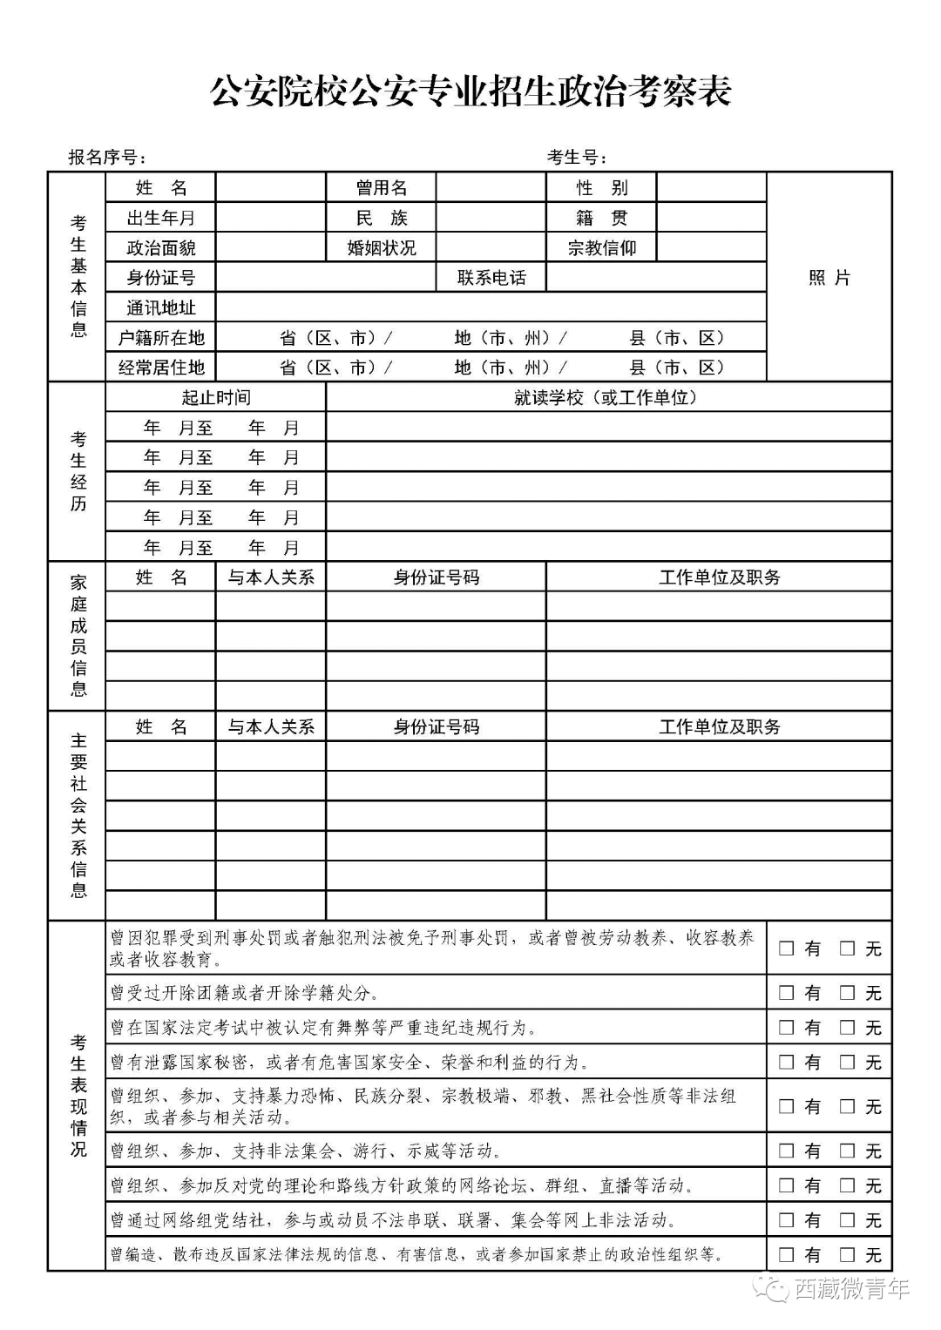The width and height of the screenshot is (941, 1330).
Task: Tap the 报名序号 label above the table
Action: coord(107,157)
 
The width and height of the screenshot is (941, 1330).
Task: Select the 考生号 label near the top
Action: coord(576,157)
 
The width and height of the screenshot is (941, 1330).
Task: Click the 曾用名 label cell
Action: coord(381,187)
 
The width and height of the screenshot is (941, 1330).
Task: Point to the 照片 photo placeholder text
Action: coord(829,277)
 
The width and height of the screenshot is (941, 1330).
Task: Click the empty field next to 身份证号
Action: coord(326,278)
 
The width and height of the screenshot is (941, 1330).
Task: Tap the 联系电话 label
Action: coord(491,278)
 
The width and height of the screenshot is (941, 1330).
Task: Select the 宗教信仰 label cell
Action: coord(601,247)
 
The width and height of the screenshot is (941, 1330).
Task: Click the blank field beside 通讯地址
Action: coord(491,307)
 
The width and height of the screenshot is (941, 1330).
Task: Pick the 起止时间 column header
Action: coord(215,397)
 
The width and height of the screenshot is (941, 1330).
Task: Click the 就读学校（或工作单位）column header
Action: coord(608,397)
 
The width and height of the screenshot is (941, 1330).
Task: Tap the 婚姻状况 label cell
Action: coord(381,247)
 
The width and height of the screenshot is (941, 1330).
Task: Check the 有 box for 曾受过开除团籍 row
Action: coord(787,992)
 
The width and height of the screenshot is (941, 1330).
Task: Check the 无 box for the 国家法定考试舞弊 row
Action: coord(848,1027)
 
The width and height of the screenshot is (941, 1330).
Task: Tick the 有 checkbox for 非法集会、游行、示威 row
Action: coord(787,1151)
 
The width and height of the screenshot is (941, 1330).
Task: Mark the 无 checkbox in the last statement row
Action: coord(848,1254)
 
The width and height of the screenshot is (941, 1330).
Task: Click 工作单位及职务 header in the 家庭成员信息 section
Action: coord(719,577)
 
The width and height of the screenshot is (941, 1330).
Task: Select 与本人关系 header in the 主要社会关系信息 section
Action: coord(271,726)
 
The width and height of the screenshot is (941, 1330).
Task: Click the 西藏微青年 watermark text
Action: coord(850,1288)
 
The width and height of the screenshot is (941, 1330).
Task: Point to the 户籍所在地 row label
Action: coord(161,337)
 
